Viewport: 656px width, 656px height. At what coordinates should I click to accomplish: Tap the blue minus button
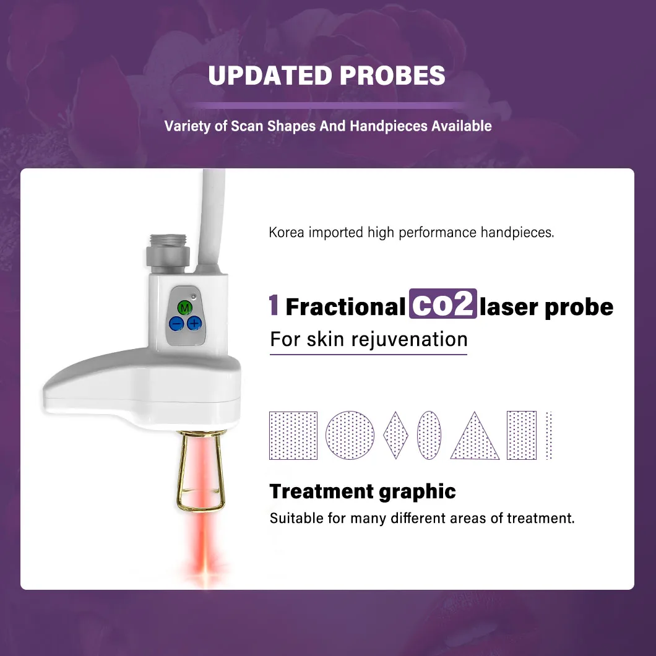pyautogui.click(x=176, y=323)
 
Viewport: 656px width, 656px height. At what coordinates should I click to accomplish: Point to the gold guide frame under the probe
pyautogui.click(x=201, y=471)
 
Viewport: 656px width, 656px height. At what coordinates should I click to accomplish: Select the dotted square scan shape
pyautogui.click(x=293, y=435)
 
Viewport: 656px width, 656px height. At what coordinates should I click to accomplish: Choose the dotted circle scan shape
pyautogui.click(x=350, y=435)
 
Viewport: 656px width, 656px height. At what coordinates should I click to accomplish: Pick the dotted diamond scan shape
pyautogui.click(x=395, y=435)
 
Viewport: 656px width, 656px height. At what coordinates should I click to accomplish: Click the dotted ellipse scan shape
pyautogui.click(x=429, y=435)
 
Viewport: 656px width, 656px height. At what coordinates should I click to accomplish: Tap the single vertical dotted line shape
pyautogui.click(x=548, y=435)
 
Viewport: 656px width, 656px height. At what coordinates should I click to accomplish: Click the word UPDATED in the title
pyautogui.click(x=269, y=76)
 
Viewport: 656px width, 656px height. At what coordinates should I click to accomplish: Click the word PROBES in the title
pyautogui.click(x=392, y=76)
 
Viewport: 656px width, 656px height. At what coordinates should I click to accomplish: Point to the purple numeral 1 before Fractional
pyautogui.click(x=274, y=306)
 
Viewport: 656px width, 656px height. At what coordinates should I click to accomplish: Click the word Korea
pyautogui.click(x=287, y=233)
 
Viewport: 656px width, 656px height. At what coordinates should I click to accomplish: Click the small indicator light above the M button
pyautogui.click(x=193, y=297)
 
